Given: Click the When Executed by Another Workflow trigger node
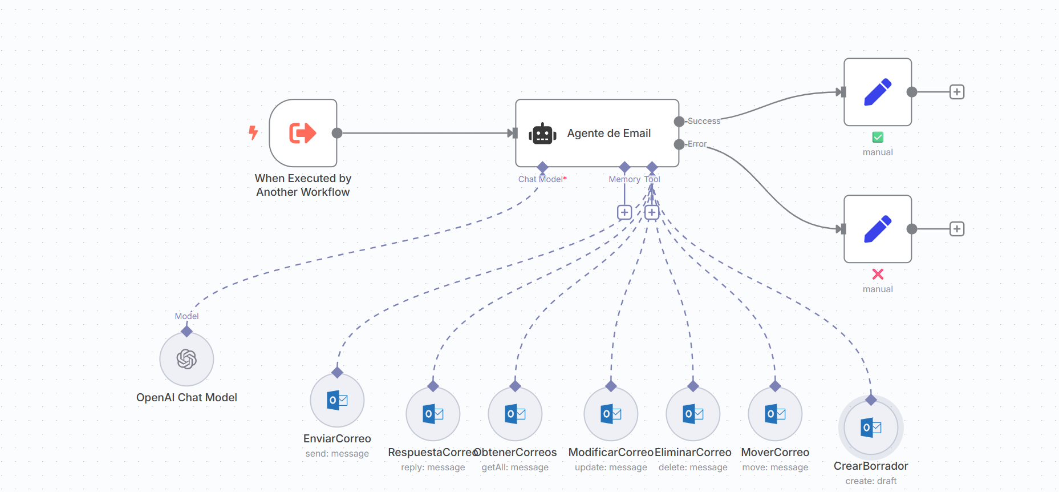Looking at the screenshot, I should (x=303, y=133).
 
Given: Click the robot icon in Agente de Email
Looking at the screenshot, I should (x=542, y=134).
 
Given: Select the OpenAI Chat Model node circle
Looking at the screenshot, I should (x=186, y=359).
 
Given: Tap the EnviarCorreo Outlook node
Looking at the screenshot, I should (x=337, y=400).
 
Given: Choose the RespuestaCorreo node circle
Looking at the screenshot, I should (x=433, y=414).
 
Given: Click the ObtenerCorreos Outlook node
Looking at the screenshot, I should (x=515, y=414).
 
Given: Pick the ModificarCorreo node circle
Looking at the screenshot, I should (x=611, y=414).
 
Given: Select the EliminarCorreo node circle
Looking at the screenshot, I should (x=693, y=414).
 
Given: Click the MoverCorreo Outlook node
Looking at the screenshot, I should (x=775, y=414).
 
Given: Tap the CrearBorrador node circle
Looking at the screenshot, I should (x=871, y=428).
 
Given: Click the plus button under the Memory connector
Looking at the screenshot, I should (x=624, y=212).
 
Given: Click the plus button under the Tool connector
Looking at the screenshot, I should (x=652, y=212).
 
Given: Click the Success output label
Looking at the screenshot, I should (x=704, y=121).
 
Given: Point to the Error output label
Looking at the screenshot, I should (x=697, y=144).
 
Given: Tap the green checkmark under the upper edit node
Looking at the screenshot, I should (x=878, y=137).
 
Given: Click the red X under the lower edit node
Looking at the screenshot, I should (x=878, y=274).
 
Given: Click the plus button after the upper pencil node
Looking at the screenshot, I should (x=957, y=92).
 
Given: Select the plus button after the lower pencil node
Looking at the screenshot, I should (x=957, y=229).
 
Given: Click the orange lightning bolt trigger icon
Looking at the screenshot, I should (x=253, y=133).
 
